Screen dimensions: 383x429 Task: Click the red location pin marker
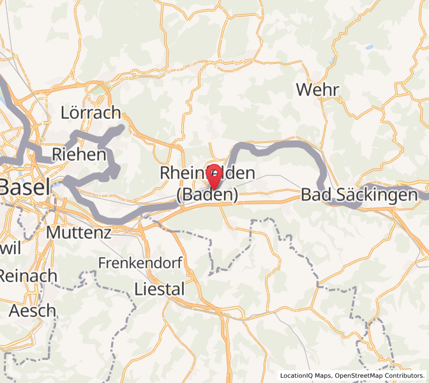coord(215,175)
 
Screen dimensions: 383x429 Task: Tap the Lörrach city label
coord(90,113)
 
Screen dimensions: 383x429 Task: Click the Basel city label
coord(24,188)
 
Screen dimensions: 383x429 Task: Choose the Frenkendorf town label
coord(140,262)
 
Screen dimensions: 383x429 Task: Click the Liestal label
coord(160,289)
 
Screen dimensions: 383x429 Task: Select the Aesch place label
coord(33,311)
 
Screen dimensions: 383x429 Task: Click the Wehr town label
coord(317,90)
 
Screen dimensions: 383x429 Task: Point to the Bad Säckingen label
coord(359,195)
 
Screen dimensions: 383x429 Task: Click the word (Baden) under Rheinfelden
coord(207,195)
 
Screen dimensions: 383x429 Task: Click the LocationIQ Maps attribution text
coord(305,375)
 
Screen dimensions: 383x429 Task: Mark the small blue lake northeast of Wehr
coord(369,47)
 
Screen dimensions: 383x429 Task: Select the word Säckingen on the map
coord(376,195)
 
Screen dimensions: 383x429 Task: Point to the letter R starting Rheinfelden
coord(165,173)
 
